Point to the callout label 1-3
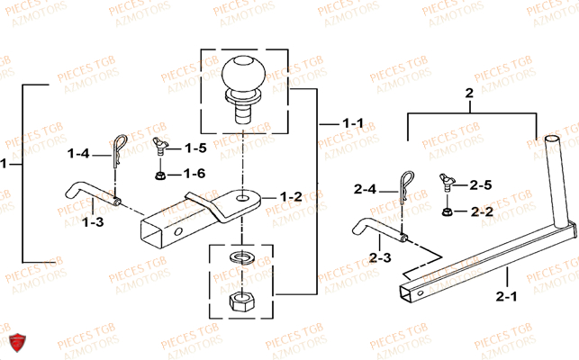pos(93,220)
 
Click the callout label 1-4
pos(80,154)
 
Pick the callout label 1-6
pos(195,173)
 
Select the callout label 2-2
pos(482,211)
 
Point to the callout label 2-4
pos(364,189)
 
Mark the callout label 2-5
pos(482,185)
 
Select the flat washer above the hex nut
pos(241,261)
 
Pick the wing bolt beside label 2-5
pos(448,184)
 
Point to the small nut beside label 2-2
pos(448,211)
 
